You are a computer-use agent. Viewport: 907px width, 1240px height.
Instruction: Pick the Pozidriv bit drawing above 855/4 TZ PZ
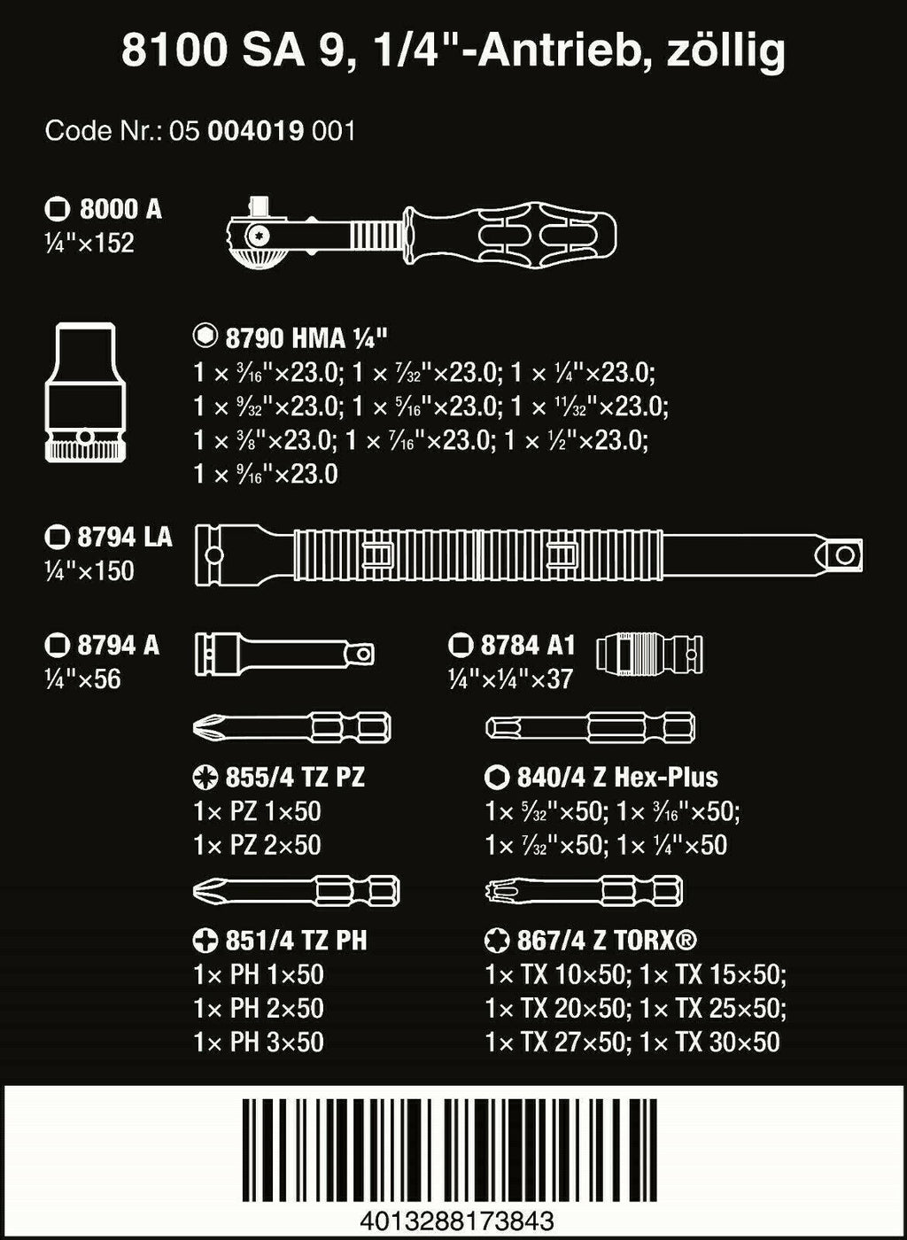291,729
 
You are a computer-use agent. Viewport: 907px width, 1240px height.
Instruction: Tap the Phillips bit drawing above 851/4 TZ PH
296,890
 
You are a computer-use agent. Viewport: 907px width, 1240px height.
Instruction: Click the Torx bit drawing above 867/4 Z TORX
584,890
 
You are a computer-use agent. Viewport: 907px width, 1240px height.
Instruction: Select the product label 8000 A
120,209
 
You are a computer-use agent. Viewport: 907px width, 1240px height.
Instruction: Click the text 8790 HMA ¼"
306,337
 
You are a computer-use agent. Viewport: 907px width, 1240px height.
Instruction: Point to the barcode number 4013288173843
457,1222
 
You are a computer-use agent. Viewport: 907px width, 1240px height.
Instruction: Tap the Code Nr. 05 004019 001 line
200,132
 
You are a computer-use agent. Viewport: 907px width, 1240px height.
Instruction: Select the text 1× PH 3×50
259,1042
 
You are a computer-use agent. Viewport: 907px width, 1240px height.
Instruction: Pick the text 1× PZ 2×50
257,845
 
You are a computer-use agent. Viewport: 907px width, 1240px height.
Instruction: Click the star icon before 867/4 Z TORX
497,941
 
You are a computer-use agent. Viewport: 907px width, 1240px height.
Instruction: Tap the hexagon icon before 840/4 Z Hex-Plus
497,778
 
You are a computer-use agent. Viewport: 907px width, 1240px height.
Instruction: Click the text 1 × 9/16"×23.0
266,474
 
